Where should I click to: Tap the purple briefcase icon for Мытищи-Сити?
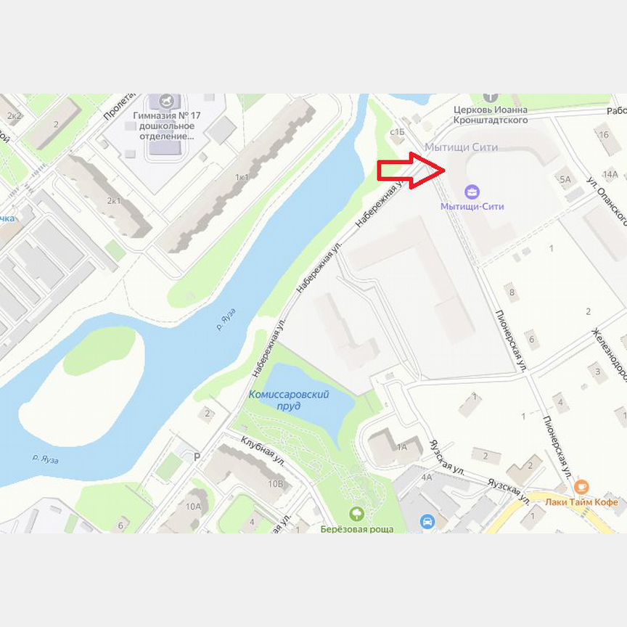coord(472,192)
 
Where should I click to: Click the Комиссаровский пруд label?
coord(289,400)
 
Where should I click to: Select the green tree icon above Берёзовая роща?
coord(356,514)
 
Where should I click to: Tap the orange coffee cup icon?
coord(581,487)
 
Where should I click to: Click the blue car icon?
coord(427,521)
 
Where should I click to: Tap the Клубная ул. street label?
coord(263,449)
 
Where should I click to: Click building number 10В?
coord(275,483)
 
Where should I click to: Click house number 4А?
coord(427,477)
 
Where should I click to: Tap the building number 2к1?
coord(114,200)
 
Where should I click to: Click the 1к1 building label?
coord(242,177)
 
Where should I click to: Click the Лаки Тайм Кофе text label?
coord(583,502)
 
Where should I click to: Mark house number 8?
coord(512,293)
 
